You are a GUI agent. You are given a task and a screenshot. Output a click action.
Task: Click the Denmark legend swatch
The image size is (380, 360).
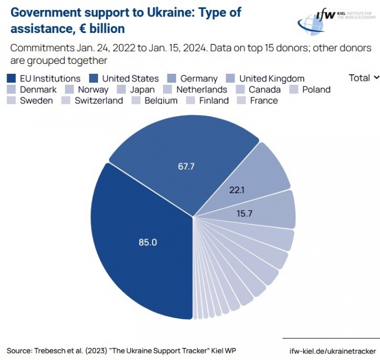pos(12,90)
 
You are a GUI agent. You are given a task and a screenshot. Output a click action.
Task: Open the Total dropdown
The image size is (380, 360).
pos(364,78)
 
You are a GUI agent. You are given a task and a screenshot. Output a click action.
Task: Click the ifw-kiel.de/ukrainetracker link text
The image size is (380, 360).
pos(333,351)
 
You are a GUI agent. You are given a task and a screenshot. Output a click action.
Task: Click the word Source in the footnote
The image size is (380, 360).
pos(19,351)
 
